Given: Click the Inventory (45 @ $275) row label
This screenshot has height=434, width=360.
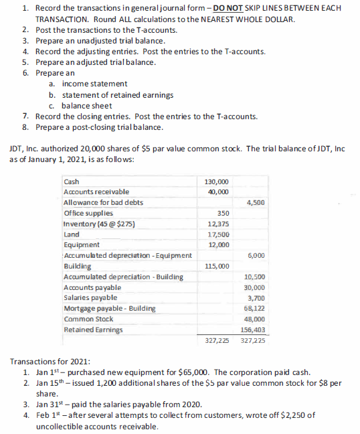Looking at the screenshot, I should point(95,224).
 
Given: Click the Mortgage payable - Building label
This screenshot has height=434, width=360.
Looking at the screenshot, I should point(109,308).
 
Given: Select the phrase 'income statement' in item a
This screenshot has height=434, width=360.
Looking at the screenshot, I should point(94,84).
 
